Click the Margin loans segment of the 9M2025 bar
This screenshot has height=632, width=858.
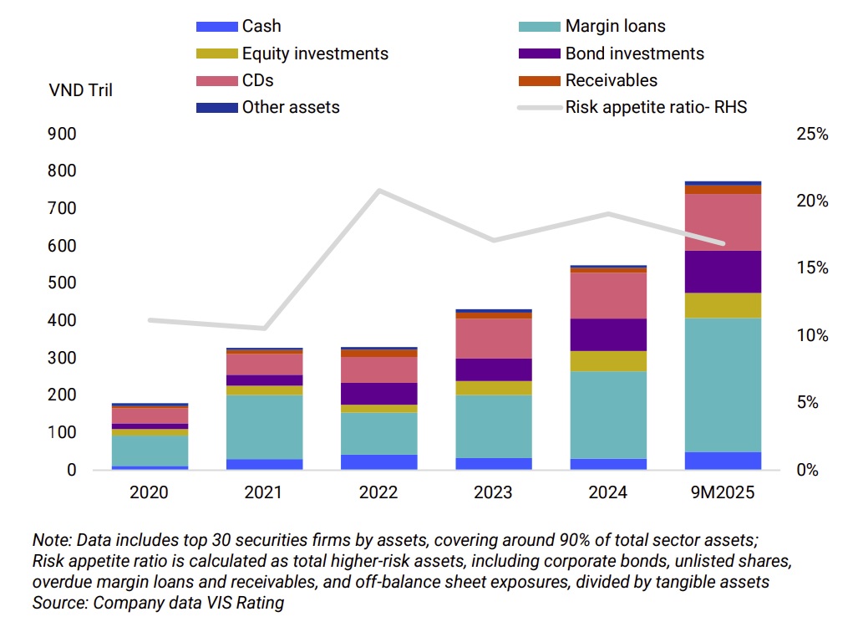click(723, 385)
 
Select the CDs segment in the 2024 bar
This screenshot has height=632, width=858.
click(609, 295)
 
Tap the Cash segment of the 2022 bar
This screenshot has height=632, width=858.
click(379, 461)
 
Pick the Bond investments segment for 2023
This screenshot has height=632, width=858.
click(495, 370)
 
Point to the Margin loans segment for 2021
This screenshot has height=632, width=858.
click(264, 426)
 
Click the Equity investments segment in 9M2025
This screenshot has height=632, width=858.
click(723, 305)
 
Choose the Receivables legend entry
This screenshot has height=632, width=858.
click(611, 80)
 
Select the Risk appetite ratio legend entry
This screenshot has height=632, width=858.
click(656, 107)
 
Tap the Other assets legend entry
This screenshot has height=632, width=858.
click(290, 107)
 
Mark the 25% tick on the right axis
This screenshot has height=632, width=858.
click(811, 134)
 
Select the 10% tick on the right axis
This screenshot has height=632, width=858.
click(811, 335)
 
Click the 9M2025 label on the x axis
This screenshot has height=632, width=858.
click(723, 492)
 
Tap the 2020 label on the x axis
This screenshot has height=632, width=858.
click(149, 492)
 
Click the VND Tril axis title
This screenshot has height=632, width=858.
click(81, 90)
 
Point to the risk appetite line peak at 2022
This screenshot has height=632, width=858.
click(379, 191)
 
